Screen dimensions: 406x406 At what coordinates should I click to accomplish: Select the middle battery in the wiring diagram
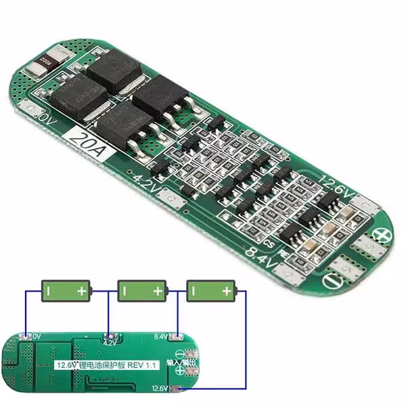pyautogui.click(x=141, y=291)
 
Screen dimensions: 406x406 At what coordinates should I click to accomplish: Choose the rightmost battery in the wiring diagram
pyautogui.click(x=210, y=291)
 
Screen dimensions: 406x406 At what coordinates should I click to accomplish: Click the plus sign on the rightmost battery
pyautogui.click(x=225, y=291)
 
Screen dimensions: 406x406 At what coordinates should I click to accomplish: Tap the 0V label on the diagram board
pyautogui.click(x=37, y=336)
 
